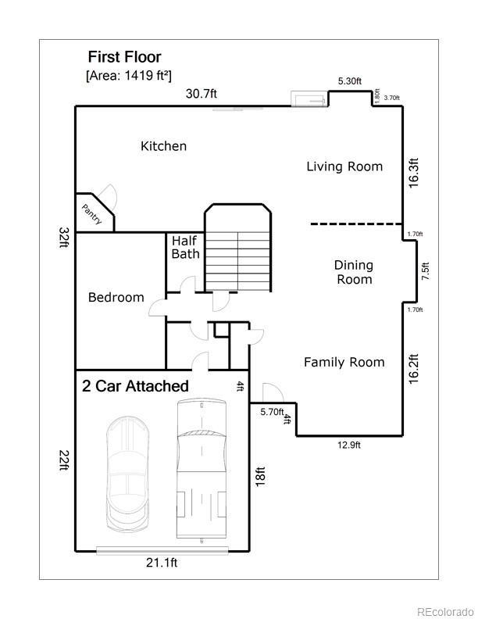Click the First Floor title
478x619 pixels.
tap(125, 57)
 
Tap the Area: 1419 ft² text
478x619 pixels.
tap(129, 75)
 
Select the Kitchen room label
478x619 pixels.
tap(164, 146)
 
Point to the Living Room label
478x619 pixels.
tap(344, 166)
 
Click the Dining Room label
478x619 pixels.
tap(354, 272)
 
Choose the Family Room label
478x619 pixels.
tap(344, 363)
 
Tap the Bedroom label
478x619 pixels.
tap(116, 297)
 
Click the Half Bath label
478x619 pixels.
tap(185, 247)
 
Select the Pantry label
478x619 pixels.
tap(92, 214)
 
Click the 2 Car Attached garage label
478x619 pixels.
tap(135, 386)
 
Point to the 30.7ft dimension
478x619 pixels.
tap(202, 94)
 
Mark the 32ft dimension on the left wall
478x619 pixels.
tap(63, 238)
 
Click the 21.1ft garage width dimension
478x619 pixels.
tap(162, 562)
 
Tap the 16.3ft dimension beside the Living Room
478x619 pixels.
tap(413, 173)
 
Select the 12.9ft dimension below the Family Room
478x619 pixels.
tap(349, 445)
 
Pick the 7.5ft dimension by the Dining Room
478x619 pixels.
tap(426, 271)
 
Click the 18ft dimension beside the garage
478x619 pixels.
tap(260, 477)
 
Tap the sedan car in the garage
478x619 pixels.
tap(128, 474)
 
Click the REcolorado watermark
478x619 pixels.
tap(445, 611)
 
